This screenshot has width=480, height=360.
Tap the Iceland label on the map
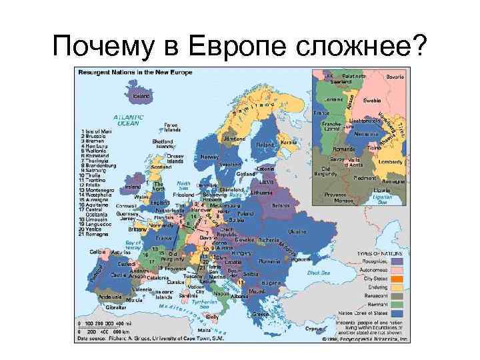click(x=141, y=95)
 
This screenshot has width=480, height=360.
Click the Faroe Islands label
click(x=171, y=127)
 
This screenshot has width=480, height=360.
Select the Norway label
click(x=209, y=157)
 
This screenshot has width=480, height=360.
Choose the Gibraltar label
click(x=116, y=307)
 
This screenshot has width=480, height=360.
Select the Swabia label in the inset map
click(x=372, y=99)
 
